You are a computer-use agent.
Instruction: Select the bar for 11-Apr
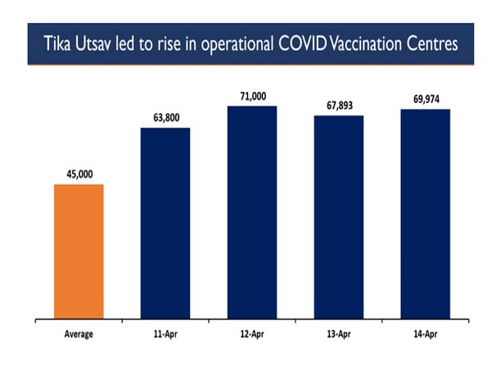[165, 222]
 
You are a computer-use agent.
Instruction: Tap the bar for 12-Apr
[252, 212]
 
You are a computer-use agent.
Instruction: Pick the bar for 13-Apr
[339, 216]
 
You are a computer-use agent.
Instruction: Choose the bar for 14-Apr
[426, 213]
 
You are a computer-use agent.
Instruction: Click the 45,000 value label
[79, 174]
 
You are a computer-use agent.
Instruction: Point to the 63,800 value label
[165, 118]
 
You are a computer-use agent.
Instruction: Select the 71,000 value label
[252, 96]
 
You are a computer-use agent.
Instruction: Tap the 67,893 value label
[339, 105]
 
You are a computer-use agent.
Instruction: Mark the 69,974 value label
[426, 99]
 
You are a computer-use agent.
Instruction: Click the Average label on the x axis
[79, 335]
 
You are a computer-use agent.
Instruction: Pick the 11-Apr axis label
[165, 335]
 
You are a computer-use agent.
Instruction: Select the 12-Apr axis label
[252, 335]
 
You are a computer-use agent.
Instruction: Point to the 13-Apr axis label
[339, 335]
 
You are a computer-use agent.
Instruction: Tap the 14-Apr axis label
[426, 335]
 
